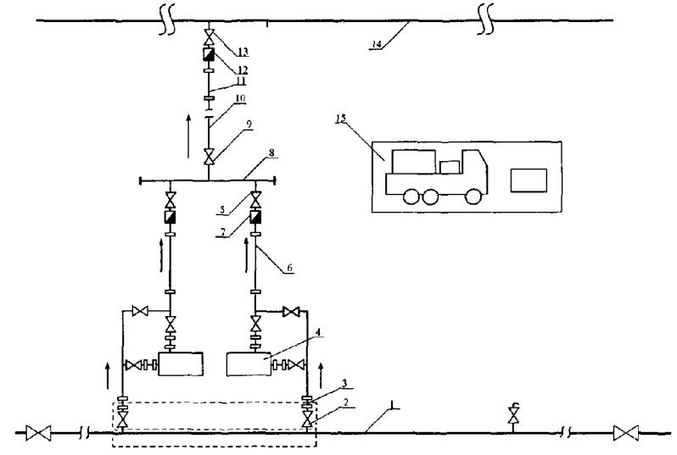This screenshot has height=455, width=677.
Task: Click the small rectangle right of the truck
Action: point(529,180)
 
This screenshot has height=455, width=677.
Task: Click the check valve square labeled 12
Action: point(209,53)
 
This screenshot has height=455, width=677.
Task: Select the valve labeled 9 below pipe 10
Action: point(209,157)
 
